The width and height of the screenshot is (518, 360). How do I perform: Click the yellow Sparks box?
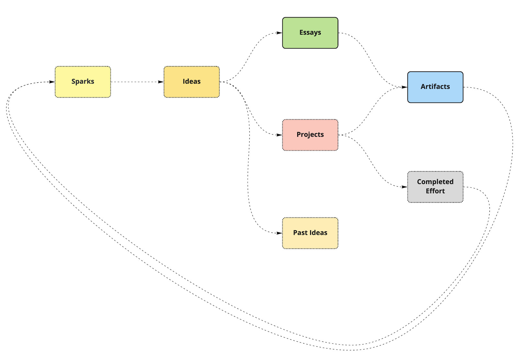coord(83,82)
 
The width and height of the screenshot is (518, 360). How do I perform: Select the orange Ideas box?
coord(192,82)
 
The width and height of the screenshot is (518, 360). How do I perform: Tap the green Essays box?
coord(310,33)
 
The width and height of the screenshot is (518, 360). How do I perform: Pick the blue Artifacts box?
coord(435,87)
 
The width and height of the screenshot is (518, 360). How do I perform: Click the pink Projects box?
coord(310,135)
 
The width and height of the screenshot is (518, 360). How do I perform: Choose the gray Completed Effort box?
coord(435,187)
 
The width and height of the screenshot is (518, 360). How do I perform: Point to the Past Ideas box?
coord(310,233)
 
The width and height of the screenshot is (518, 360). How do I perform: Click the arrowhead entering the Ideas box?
coord(161,82)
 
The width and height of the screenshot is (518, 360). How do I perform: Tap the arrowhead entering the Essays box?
coord(279,33)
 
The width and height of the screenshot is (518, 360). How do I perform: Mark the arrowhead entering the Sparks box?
coord(52,82)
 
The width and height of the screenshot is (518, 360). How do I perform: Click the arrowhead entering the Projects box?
coord(279,135)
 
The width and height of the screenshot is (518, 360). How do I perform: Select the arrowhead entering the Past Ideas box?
coord(279,233)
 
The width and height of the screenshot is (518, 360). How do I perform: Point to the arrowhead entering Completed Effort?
coord(404,187)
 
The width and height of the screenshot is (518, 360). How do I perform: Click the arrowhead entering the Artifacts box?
coord(404,87)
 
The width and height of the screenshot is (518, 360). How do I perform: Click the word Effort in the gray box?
coord(435,191)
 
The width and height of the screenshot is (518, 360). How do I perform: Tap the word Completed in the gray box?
coord(435,182)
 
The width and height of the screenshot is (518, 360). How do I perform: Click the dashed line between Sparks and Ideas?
coord(136,82)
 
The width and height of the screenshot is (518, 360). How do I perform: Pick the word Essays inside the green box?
coord(310,33)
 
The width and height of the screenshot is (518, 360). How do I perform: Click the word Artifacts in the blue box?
coord(435,87)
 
